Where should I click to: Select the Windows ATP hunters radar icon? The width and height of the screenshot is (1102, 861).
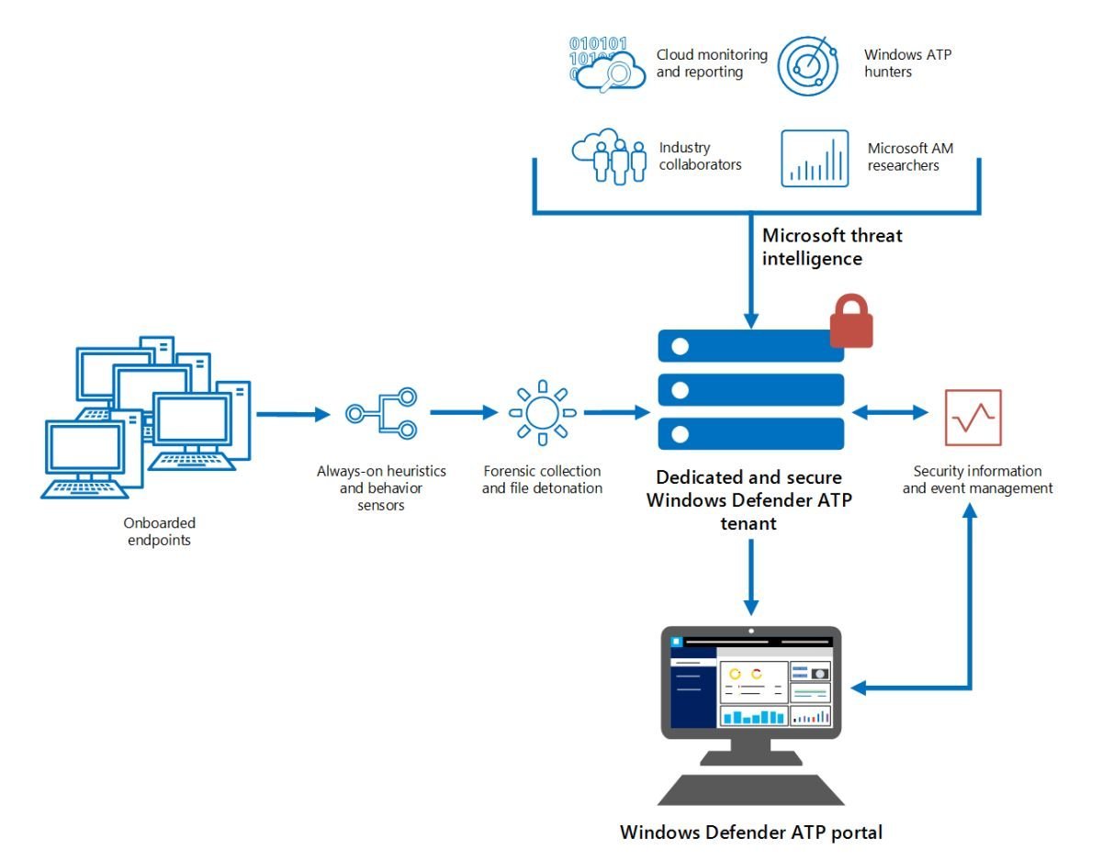coord(808,65)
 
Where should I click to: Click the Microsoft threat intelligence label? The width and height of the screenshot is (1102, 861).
coord(832,247)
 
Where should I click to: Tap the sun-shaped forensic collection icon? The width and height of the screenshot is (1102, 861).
coord(542,413)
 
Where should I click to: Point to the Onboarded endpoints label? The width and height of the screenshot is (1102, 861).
coord(160,531)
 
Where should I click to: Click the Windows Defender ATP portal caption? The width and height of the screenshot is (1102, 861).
coord(750,833)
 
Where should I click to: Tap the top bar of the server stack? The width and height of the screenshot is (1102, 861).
coord(750,346)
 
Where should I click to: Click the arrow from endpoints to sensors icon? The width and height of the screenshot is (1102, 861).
coord(292,415)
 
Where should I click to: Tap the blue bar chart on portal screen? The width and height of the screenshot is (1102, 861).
coord(752,716)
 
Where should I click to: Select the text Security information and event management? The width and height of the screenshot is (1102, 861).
coord(977,480)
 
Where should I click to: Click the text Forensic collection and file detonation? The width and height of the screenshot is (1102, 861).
coord(542,480)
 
